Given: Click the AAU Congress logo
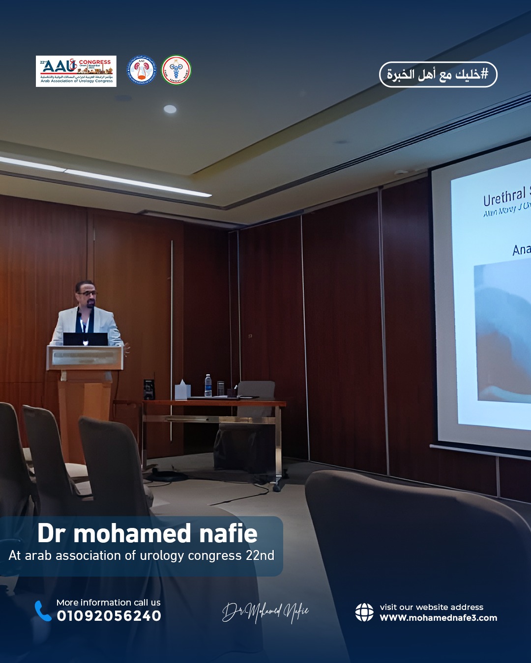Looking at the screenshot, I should [x=76, y=71].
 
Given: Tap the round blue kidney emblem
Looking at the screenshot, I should [x=142, y=70].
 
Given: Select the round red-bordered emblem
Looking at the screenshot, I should [x=176, y=70].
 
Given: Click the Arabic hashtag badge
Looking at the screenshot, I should [x=438, y=75].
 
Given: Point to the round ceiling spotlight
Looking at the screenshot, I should [x=170, y=109].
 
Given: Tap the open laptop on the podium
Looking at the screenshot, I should [x=86, y=339].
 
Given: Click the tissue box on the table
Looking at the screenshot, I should [x=182, y=390].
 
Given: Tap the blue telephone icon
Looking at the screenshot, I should [x=43, y=610].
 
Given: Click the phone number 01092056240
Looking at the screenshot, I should [x=109, y=616].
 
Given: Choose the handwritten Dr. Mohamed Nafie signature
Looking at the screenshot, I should [x=265, y=611].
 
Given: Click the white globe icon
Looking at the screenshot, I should [x=364, y=612].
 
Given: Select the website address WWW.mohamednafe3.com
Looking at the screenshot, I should [x=438, y=618].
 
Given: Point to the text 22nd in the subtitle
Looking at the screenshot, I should [x=260, y=555].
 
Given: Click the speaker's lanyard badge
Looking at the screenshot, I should [x=84, y=327].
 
